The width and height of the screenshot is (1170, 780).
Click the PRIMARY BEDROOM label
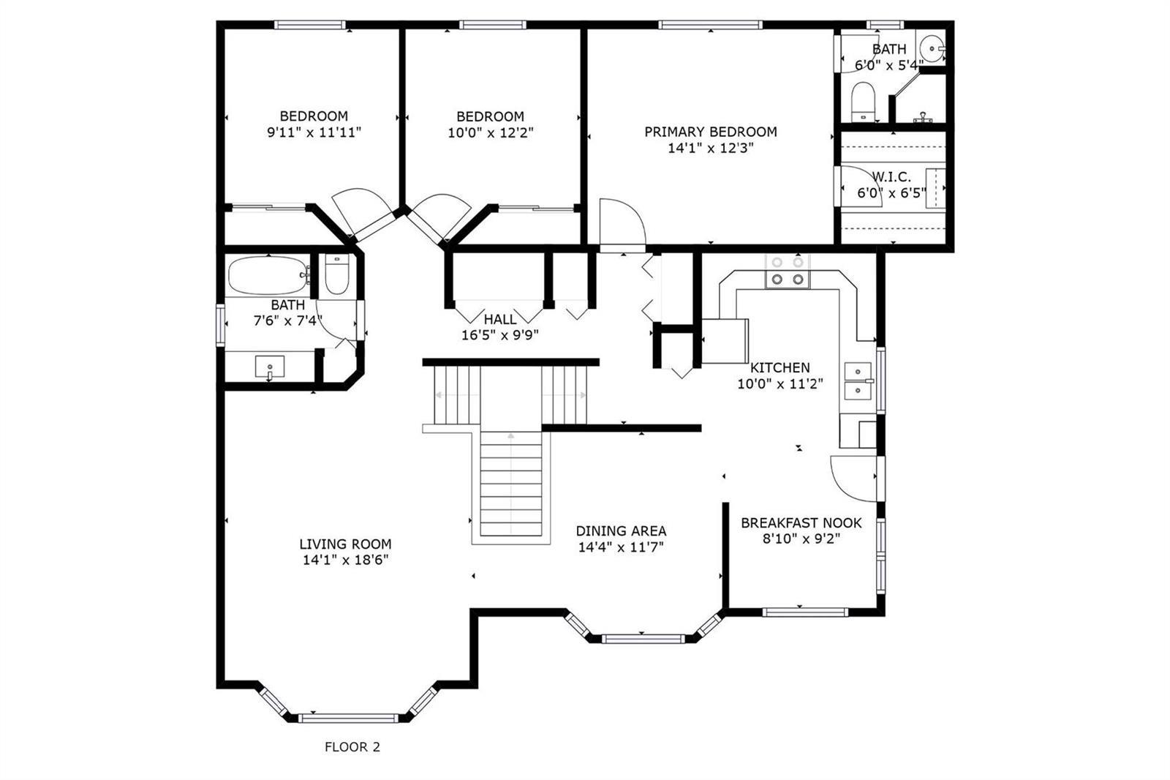[x=710, y=132]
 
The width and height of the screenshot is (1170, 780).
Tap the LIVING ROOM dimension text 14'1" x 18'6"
[x=346, y=560]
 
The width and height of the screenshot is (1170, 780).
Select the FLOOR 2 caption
[x=352, y=747]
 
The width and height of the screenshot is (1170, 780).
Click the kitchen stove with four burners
[x=788, y=271]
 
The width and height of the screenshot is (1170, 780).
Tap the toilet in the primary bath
[x=863, y=102]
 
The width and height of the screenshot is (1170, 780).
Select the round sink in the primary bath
[x=932, y=48]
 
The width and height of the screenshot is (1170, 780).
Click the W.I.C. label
[x=891, y=176]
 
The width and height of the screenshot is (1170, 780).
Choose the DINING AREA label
[x=621, y=531]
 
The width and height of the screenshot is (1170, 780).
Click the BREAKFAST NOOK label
[x=801, y=522]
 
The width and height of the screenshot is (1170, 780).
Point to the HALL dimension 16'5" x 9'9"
[x=500, y=335]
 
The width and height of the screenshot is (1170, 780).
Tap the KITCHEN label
[x=780, y=367]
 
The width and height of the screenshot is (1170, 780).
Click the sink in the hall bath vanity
[x=270, y=367]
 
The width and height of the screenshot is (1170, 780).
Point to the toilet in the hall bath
[x=337, y=275]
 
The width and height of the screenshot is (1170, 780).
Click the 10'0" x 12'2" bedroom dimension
[x=491, y=132]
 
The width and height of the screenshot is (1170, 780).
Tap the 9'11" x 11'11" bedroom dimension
[x=314, y=132]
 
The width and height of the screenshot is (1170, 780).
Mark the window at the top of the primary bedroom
[x=710, y=25]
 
